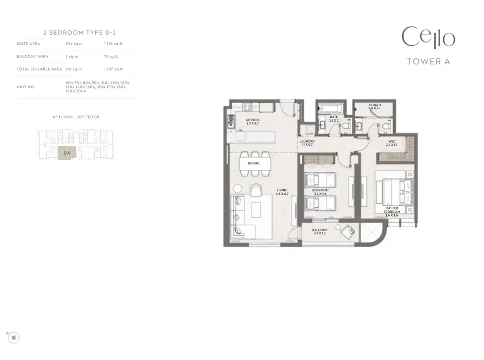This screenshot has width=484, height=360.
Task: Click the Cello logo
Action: pyautogui.click(x=428, y=37)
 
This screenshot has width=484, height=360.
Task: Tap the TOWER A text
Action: pyautogui.click(x=428, y=62)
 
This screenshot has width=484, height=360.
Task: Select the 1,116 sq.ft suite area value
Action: pyautogui.click(x=113, y=44)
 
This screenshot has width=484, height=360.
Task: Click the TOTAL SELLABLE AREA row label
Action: pyautogui.click(x=39, y=69)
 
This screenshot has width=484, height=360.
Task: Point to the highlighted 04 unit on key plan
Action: pyautogui.click(x=67, y=153)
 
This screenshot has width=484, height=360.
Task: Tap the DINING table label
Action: pyautogui.click(x=254, y=163)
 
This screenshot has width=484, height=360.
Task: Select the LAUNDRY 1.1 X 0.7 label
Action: pyautogui.click(x=307, y=143)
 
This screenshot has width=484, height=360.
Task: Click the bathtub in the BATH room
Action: pyautogui.click(x=330, y=108)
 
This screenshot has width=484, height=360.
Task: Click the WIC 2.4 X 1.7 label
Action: pyautogui.click(x=392, y=143)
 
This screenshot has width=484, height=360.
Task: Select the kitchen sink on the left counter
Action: pyautogui.click(x=231, y=121)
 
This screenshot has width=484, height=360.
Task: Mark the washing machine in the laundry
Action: pyautogui.click(x=311, y=130)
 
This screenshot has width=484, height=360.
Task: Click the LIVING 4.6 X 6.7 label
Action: pyautogui.click(x=282, y=192)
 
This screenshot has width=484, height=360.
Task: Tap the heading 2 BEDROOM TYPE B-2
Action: pyautogui.click(x=77, y=32)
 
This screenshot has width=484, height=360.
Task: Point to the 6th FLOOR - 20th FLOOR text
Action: pyautogui.click(x=76, y=117)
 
